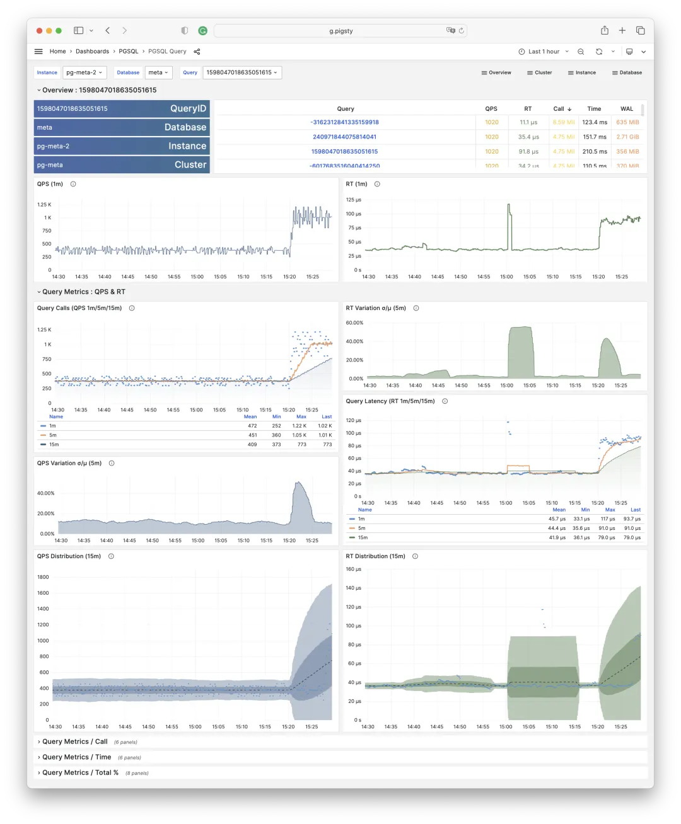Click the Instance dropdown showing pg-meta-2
84,72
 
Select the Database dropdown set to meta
158,72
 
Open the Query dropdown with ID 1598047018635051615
242,72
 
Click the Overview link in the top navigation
496,72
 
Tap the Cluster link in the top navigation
539,72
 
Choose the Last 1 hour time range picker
544,52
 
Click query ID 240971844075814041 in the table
344,137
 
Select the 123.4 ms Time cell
594,122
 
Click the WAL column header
626,108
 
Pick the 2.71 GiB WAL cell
627,137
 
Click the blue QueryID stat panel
122,108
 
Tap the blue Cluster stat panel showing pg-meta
122,164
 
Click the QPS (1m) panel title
50,184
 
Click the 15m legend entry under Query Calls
54,445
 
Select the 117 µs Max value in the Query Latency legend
608,519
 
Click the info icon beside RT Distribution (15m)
415,556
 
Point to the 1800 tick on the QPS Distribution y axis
43,577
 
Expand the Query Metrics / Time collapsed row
76,757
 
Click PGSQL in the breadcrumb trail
129,52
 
